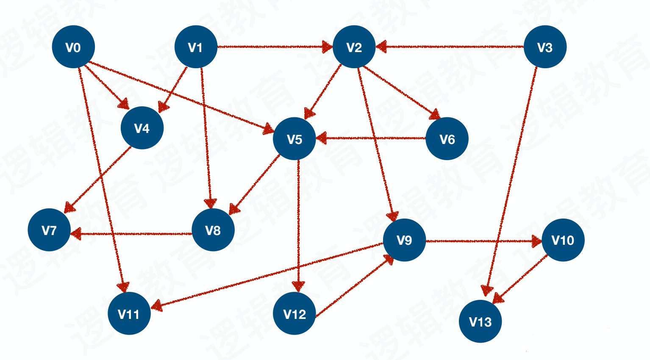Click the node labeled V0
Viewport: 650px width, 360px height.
pos(73,47)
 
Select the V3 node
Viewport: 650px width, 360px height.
pos(545,47)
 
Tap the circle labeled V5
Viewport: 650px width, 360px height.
pos(294,139)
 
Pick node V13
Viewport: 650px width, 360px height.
pos(481,321)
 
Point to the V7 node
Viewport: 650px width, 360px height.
pos(49,230)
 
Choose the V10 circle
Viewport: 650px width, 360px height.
pos(563,240)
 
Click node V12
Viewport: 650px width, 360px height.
pos(294,314)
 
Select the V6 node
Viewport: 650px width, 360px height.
pos(447,139)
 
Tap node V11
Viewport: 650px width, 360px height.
pos(129,314)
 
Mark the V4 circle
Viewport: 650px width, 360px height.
pos(142,128)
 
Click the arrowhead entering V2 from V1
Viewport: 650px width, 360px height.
pos(328,47)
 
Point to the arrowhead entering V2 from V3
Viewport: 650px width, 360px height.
pos(381,47)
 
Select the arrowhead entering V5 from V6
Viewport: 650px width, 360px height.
pos(322,138)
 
